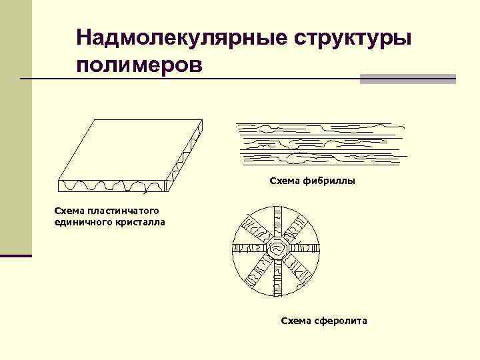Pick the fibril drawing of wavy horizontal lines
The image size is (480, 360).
point(320,143)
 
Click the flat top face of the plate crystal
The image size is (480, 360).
point(130,149)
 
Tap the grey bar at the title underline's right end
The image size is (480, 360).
point(407,79)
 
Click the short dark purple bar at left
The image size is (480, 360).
point(15,255)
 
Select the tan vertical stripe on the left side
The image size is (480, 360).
point(15,127)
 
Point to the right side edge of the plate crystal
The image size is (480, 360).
point(185,153)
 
